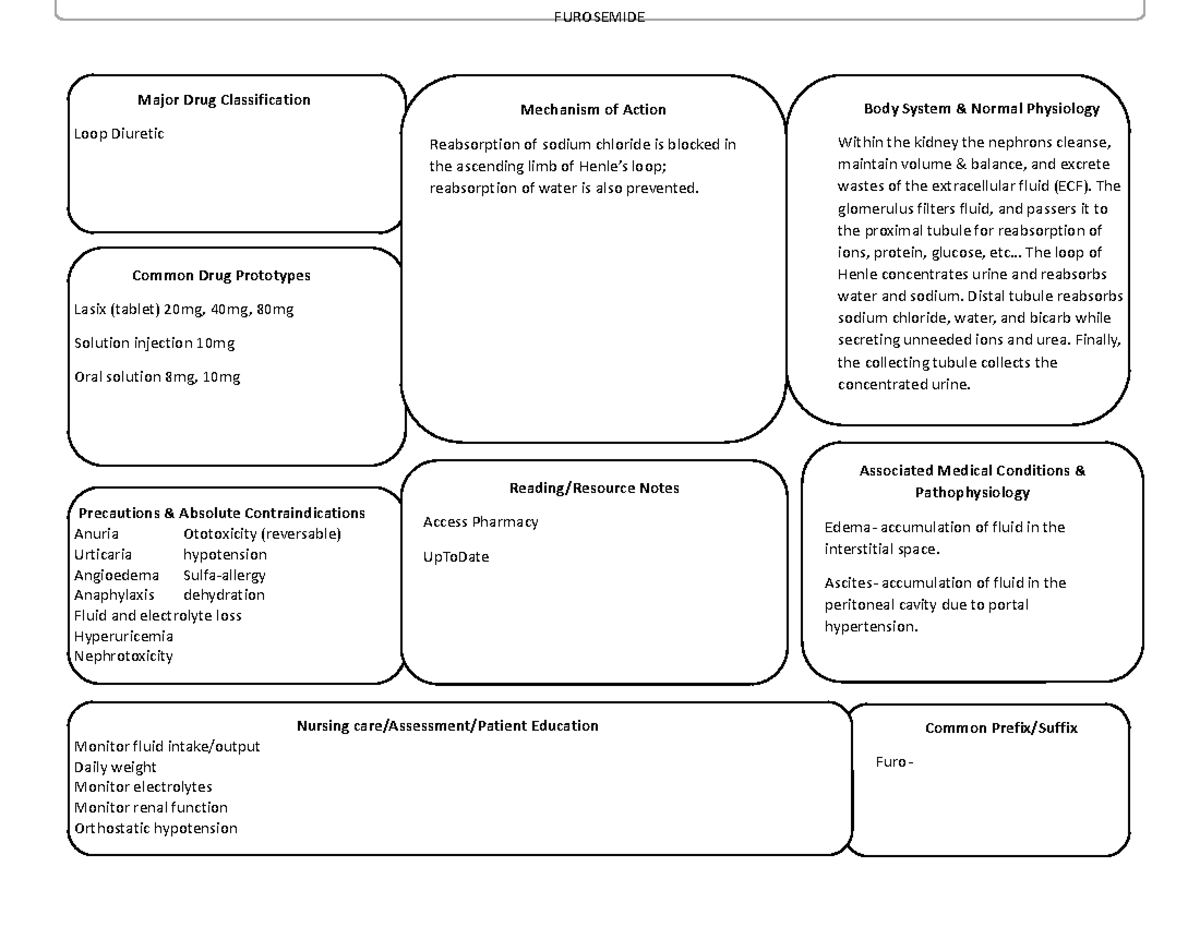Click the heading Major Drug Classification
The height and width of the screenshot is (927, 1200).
click(224, 100)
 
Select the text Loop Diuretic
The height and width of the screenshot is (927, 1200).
click(119, 134)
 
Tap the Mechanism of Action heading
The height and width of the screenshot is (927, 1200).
click(593, 110)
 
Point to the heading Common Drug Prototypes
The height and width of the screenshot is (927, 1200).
click(221, 276)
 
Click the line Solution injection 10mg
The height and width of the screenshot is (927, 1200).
click(154, 343)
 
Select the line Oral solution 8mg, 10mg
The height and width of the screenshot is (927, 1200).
click(157, 377)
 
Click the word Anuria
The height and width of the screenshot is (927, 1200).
click(96, 534)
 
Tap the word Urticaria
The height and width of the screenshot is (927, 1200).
click(103, 554)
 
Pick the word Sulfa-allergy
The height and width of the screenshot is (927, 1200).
click(224, 575)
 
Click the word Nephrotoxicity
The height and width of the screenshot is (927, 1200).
click(124, 656)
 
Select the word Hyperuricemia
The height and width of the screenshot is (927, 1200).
click(124, 636)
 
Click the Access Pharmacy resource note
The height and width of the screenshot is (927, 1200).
click(481, 522)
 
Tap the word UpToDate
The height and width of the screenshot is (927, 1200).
click(456, 557)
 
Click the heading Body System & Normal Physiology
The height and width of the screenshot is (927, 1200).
click(981, 109)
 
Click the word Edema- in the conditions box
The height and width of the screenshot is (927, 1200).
click(849, 528)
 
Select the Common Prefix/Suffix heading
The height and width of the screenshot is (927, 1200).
click(1001, 729)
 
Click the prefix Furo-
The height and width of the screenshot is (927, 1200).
click(893, 762)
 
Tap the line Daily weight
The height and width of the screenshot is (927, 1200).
click(116, 767)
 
